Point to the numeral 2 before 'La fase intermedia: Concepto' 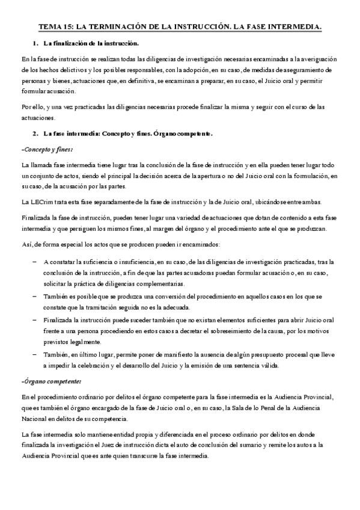(36, 132)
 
